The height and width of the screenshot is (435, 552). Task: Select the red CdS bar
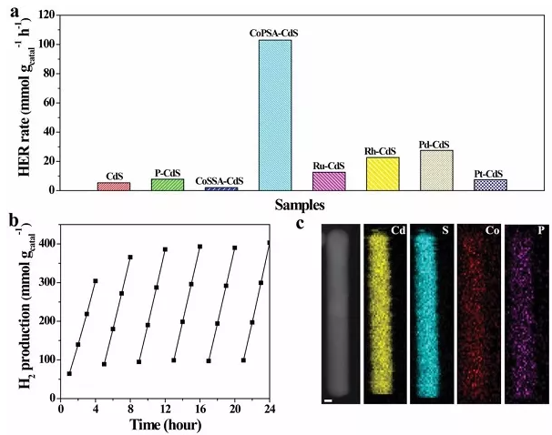[x=114, y=186]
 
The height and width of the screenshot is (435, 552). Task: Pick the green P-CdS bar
[x=168, y=184]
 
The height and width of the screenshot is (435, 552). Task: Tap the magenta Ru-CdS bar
[x=329, y=181]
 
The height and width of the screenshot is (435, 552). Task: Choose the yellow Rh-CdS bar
[x=383, y=174]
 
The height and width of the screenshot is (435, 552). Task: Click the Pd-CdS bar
[x=436, y=170]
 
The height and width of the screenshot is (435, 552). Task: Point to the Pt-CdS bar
[x=490, y=185]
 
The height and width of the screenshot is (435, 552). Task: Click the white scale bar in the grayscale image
[x=328, y=398]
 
